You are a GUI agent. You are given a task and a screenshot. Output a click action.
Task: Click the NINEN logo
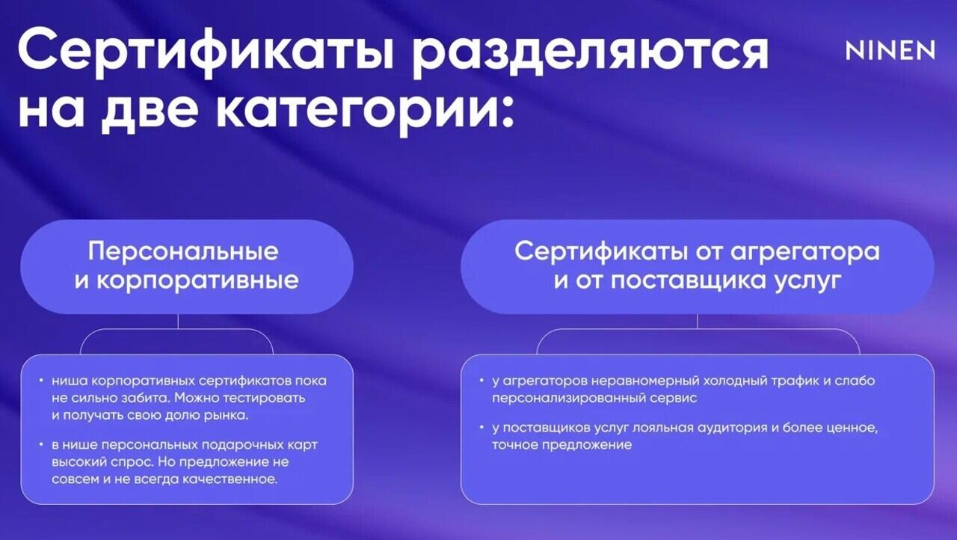(x=890, y=50)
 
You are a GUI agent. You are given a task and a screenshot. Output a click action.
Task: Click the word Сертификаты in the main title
(x=206, y=52)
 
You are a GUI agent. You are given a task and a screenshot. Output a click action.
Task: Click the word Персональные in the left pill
(x=183, y=251)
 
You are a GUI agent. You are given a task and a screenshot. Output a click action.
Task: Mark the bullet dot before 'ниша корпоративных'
(x=41, y=379)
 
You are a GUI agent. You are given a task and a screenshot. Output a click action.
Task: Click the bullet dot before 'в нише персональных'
(x=41, y=444)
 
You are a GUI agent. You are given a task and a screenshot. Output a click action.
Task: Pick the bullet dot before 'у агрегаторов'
(x=481, y=379)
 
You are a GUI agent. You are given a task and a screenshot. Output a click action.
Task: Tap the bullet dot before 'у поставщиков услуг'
(x=481, y=427)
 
